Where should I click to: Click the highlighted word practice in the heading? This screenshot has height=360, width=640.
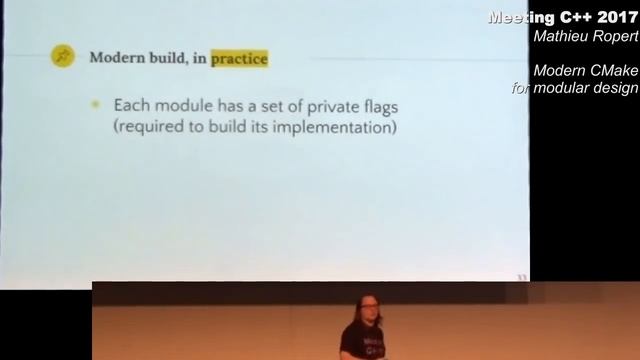click(239, 58)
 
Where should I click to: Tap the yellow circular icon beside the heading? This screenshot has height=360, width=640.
click(62, 57)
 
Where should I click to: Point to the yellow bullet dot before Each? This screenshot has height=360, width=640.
click(96, 104)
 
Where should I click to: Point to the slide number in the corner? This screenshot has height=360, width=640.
click(520, 276)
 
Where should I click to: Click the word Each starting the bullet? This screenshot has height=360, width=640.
click(130, 104)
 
